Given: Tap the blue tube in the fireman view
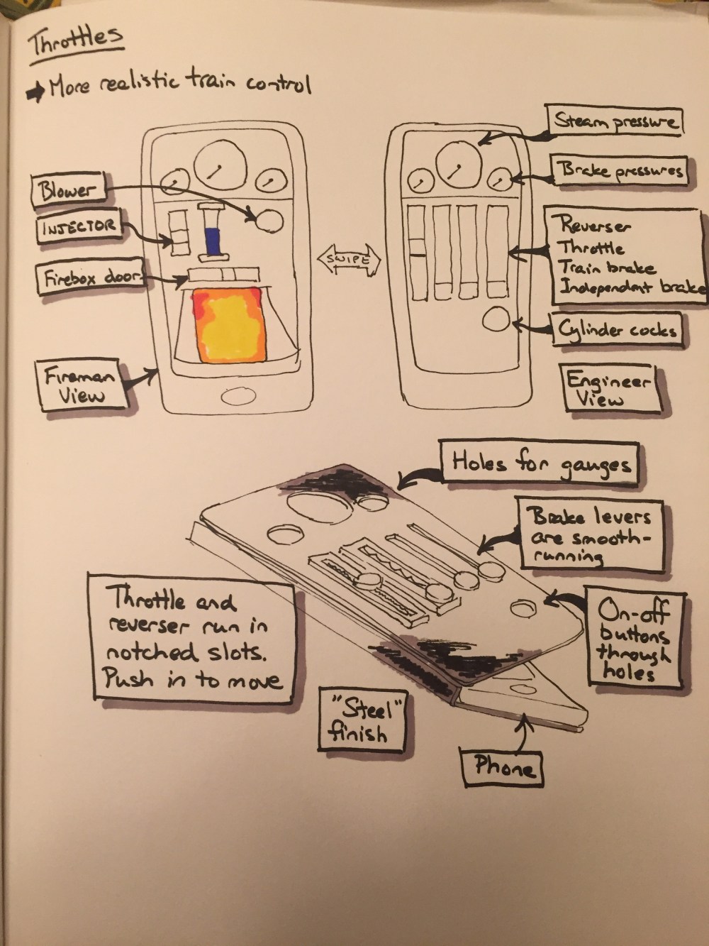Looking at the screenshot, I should [211, 235].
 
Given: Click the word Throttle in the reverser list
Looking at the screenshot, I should [592, 248].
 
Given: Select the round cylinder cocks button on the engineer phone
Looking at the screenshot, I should [496, 319].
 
